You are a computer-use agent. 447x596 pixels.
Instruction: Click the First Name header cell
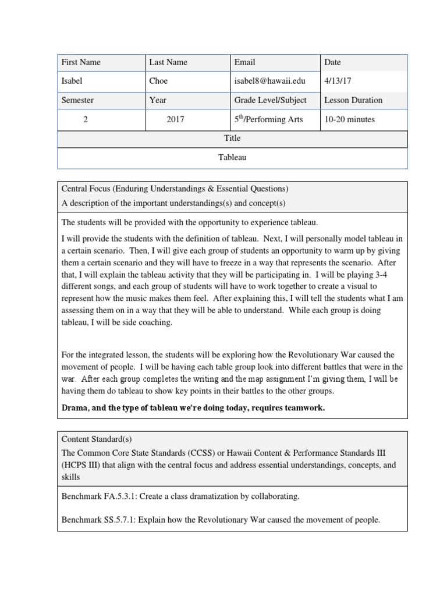point(81,62)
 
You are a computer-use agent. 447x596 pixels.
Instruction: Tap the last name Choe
point(159,81)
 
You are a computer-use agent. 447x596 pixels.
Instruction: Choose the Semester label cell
point(77,100)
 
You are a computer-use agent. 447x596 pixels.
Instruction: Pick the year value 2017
point(175,119)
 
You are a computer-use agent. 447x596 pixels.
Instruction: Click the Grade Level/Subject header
point(270,100)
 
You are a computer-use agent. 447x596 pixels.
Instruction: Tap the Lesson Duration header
point(353,100)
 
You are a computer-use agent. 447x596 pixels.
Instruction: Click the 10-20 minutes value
point(350,119)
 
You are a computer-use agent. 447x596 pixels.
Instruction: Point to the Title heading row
point(232,139)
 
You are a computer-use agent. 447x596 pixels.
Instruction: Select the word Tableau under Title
point(232,158)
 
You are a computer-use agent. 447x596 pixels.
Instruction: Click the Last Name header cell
point(168,62)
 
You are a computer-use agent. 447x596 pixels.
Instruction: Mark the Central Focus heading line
point(175,189)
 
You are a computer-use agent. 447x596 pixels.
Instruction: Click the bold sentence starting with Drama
point(193,408)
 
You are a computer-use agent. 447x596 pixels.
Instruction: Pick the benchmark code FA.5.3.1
point(123,496)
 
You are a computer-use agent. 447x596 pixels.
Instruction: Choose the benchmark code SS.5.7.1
point(123,520)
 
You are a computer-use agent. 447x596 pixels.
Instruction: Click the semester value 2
point(86,119)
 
